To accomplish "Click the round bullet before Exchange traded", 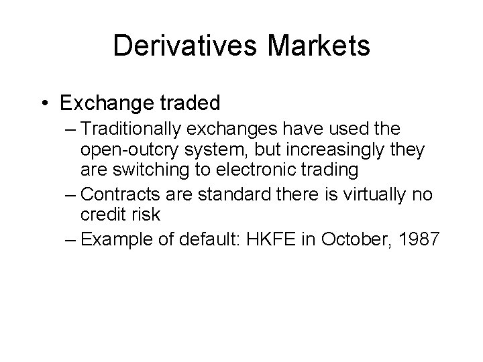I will tap(44, 103).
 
